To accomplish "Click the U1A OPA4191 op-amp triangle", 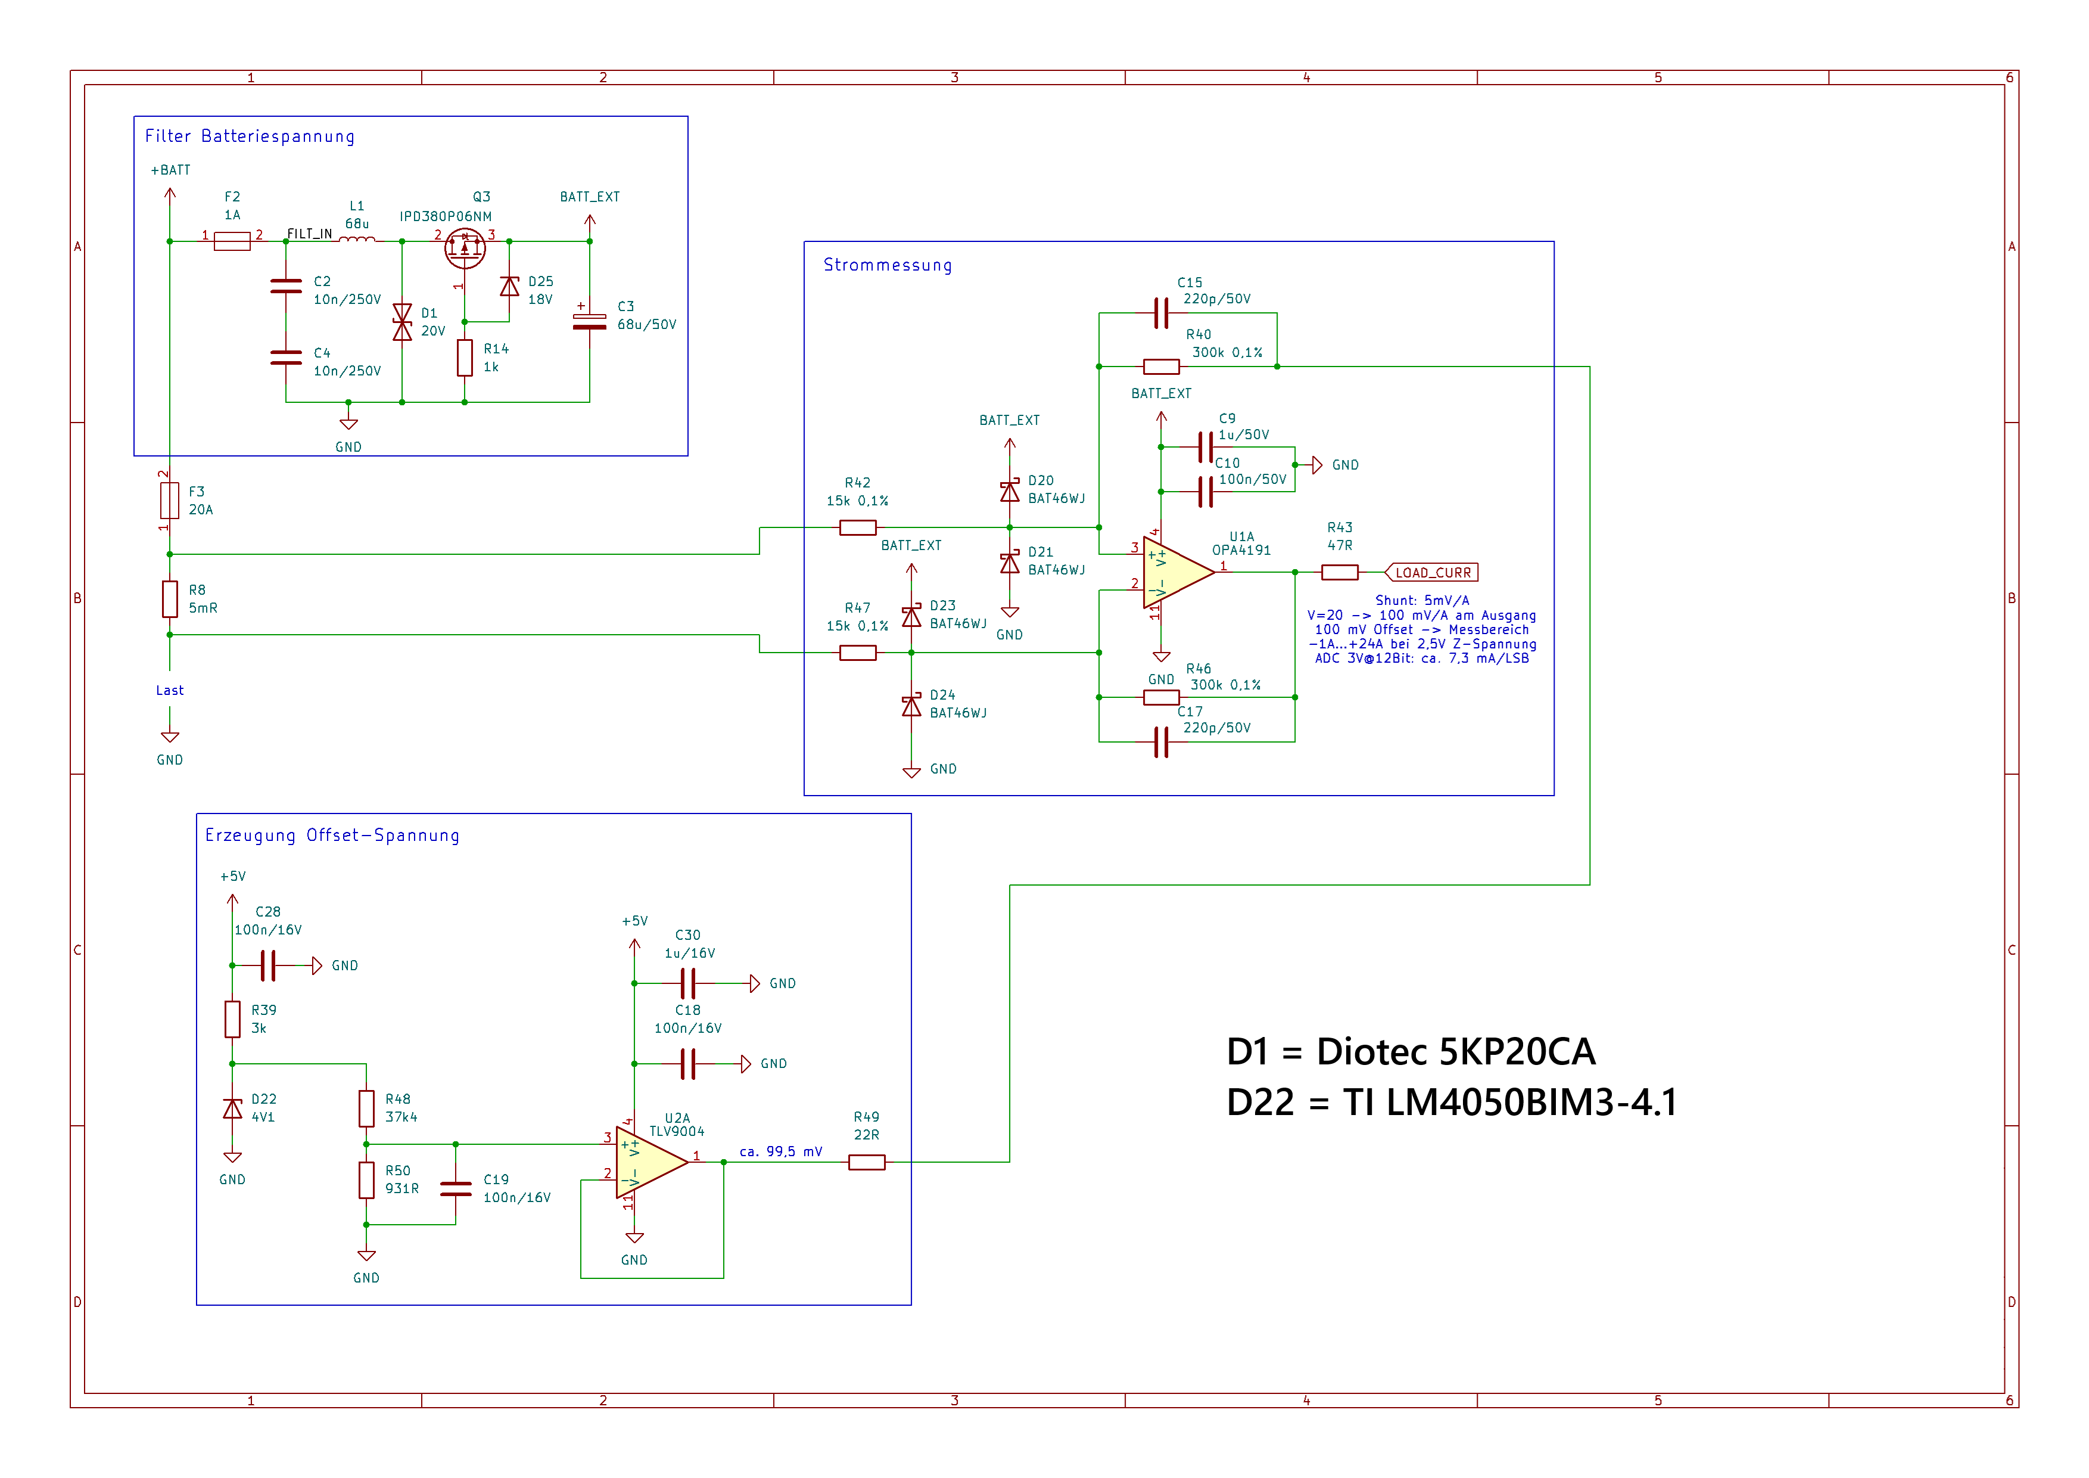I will pos(1175,573).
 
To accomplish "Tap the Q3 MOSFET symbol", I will pos(465,247).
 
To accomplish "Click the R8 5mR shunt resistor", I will pos(170,599).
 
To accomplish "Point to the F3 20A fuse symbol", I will pos(170,501).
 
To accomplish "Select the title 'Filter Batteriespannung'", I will pos(250,136).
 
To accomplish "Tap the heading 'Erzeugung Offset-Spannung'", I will pos(332,836).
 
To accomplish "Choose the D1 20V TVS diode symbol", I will pos(402,322).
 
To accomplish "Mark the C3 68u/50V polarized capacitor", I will pos(590,321).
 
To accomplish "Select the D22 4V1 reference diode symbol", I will pos(233,1108).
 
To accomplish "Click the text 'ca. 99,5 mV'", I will pos(781,1152).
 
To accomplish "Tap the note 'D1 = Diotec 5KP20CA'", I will pos(1411,1052).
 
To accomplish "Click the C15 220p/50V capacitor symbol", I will pos(1161,313).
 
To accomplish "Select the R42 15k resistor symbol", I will pos(857,528).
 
